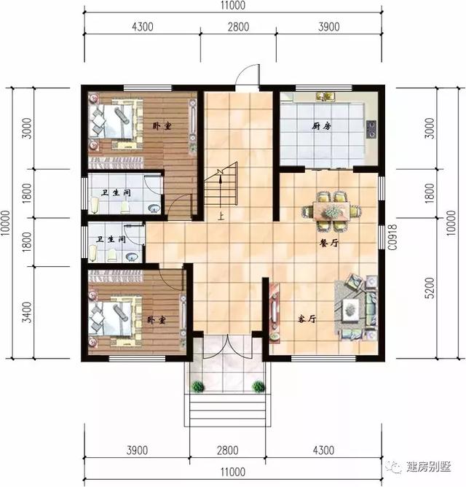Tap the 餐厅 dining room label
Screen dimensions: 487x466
(x=329, y=244)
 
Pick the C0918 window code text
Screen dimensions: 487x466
(x=391, y=237)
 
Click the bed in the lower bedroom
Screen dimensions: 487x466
(x=111, y=315)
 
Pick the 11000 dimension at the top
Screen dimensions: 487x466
(x=232, y=5)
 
